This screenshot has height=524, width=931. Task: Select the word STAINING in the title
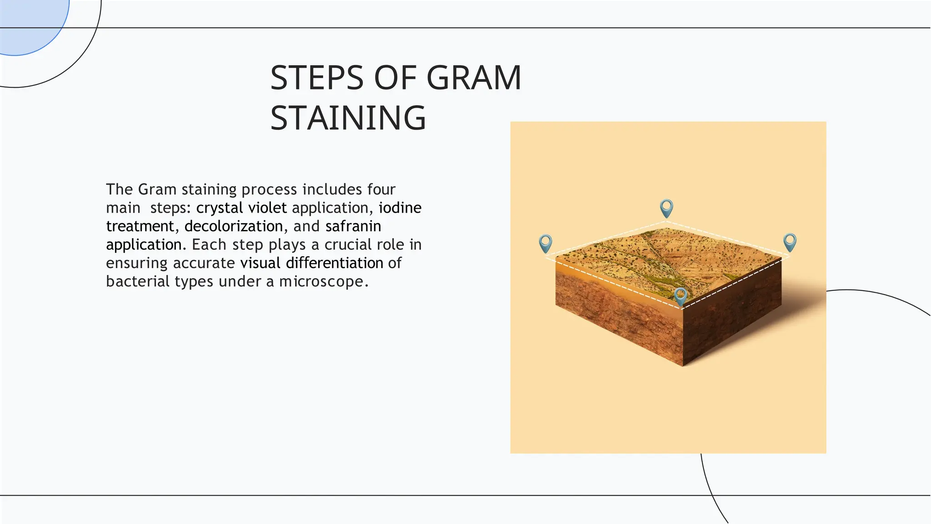[x=348, y=118]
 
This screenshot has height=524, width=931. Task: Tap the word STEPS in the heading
[x=317, y=78]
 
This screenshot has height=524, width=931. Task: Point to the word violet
[x=267, y=208]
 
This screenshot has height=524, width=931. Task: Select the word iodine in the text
[x=400, y=208]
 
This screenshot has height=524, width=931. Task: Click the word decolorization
[x=234, y=226]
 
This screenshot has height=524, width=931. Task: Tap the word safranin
[x=353, y=226]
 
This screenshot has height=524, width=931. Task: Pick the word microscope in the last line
[x=321, y=282]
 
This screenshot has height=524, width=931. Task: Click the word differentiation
[x=335, y=263]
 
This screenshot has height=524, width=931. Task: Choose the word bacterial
[x=138, y=282]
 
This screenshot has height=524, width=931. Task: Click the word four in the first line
[x=381, y=189]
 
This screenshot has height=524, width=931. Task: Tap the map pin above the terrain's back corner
[x=666, y=208]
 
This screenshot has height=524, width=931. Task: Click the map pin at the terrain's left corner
[x=546, y=243]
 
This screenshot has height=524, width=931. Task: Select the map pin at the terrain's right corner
[x=790, y=242]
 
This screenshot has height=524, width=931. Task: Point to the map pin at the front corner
[x=680, y=295]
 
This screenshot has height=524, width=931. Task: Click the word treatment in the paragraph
[x=140, y=226]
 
